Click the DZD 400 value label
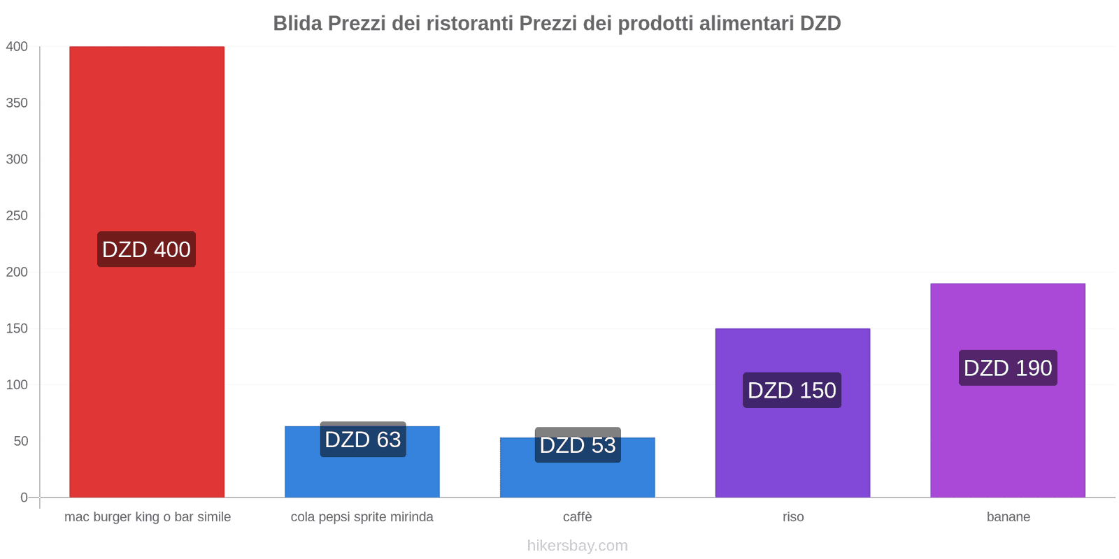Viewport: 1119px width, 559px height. pos(146,249)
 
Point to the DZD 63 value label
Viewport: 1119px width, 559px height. pos(363,440)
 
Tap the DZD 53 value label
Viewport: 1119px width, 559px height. pos(578,445)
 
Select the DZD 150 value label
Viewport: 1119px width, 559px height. pos(792,390)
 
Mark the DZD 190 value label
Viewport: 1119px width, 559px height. pos(1008,368)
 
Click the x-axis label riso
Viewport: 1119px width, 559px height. pos(793,517)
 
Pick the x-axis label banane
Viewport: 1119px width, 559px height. pos(1008,517)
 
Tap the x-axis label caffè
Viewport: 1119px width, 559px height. pos(578,517)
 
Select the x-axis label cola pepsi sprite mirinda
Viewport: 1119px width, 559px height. pos(362,517)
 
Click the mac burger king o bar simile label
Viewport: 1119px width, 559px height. pos(148,517)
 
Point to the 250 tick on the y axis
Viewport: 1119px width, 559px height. pos(17,216)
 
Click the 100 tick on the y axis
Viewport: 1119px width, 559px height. pos(17,385)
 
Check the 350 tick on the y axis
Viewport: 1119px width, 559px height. pos(17,103)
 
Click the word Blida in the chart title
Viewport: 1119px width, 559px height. pos(297,24)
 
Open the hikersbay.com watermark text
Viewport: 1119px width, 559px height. pos(578,546)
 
